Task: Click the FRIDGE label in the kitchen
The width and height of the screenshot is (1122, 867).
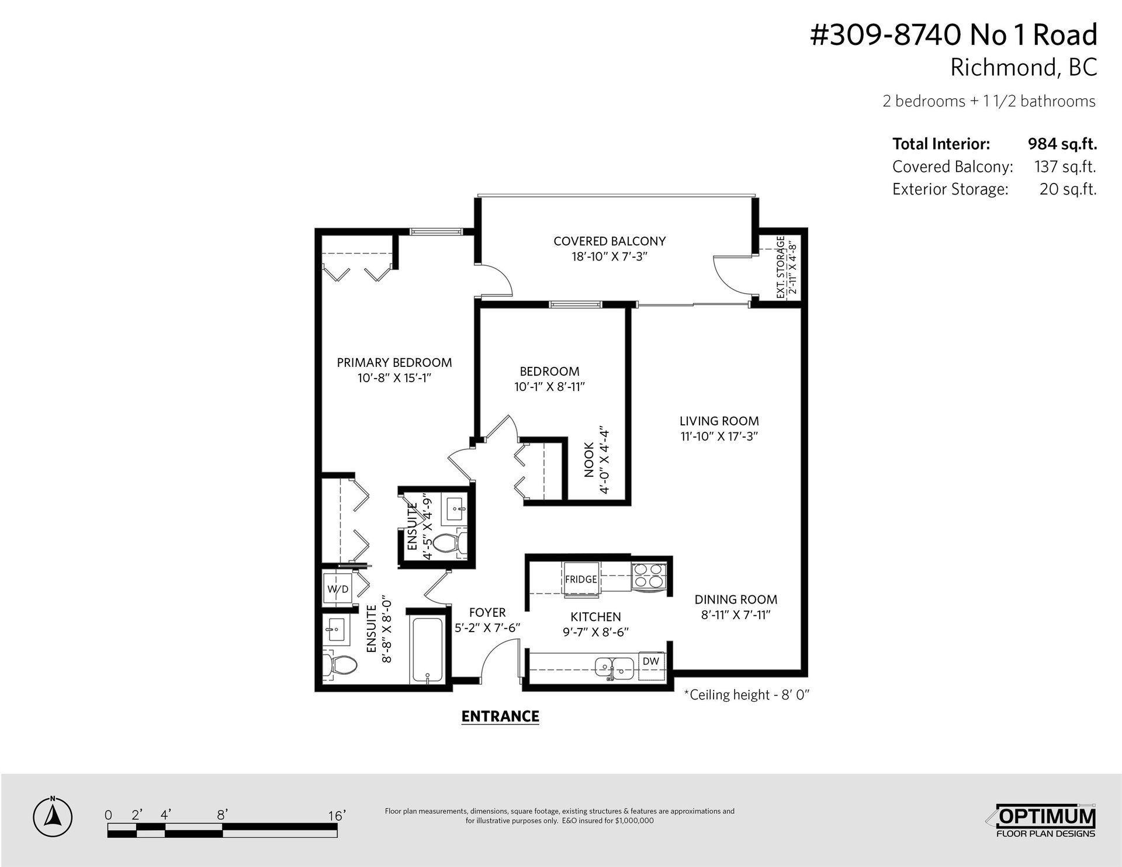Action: pyautogui.click(x=581, y=579)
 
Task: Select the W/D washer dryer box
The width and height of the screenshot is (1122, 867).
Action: pyautogui.click(x=338, y=589)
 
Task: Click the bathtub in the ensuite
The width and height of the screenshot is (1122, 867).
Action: pyautogui.click(x=428, y=648)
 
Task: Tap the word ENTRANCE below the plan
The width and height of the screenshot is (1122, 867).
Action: pyautogui.click(x=500, y=716)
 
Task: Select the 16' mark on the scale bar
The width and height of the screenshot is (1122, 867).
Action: pyautogui.click(x=337, y=815)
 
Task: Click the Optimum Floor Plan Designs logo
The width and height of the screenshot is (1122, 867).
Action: pyautogui.click(x=1045, y=821)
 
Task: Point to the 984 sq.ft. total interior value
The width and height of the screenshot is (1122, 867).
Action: pyautogui.click(x=1062, y=144)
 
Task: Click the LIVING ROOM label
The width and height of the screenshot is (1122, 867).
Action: pyautogui.click(x=719, y=421)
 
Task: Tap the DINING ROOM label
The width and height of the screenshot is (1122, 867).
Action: pyautogui.click(x=736, y=599)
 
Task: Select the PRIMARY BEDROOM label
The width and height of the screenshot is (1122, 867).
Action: pyautogui.click(x=394, y=362)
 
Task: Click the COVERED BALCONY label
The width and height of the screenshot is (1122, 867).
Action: pyautogui.click(x=610, y=241)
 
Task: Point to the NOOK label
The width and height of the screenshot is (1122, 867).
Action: pyautogui.click(x=589, y=459)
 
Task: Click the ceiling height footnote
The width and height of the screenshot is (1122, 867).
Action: pyautogui.click(x=746, y=695)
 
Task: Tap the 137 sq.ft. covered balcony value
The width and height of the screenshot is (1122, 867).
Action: pyautogui.click(x=1065, y=167)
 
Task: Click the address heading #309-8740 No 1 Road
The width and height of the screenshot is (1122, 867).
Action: pyautogui.click(x=954, y=34)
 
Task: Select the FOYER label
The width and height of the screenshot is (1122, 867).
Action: pyautogui.click(x=487, y=612)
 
